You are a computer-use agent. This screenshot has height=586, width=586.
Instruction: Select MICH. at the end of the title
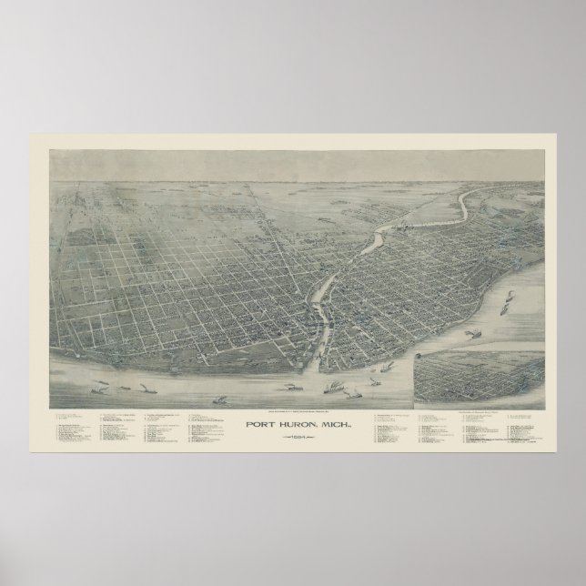(331, 398)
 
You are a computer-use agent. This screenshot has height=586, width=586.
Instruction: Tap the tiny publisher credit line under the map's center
(293, 387)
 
